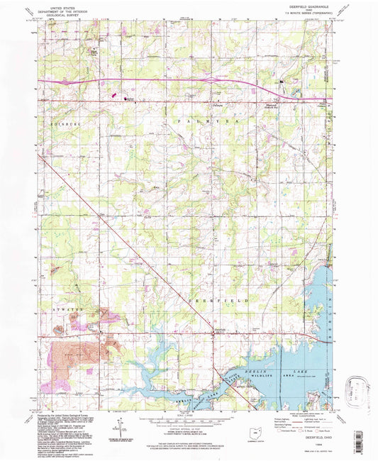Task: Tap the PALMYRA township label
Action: coord(191,122)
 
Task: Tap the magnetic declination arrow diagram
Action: coord(122,427)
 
